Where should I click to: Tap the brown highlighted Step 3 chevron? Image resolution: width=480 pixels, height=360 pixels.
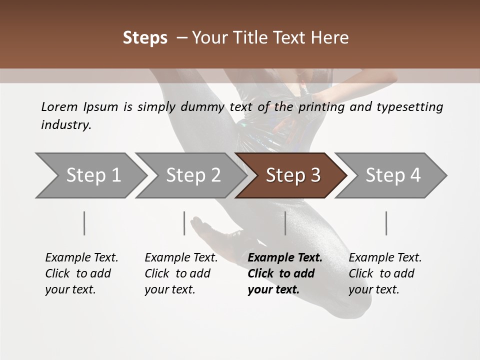(x=291, y=175)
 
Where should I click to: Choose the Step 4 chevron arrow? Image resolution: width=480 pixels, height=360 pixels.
(x=391, y=175)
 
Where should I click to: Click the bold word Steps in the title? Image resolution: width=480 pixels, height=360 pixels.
(x=145, y=37)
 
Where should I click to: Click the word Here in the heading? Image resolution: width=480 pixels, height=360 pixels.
(x=330, y=37)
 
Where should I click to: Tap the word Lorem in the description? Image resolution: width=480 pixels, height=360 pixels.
(x=59, y=106)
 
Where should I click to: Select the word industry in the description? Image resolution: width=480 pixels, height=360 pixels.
(x=66, y=125)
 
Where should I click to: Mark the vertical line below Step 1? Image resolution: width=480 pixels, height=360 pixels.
(x=84, y=223)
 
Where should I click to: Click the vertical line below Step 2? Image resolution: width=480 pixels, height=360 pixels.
(x=184, y=223)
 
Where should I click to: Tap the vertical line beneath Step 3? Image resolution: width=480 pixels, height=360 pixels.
(x=285, y=223)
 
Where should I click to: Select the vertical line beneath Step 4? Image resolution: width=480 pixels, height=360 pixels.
(x=386, y=223)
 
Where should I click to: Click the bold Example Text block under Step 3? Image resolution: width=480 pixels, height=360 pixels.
(x=285, y=273)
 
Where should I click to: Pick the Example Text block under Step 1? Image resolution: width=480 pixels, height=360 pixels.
(x=81, y=273)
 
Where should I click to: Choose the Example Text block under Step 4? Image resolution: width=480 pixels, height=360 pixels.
(x=385, y=273)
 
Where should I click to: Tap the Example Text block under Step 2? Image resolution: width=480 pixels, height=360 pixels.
(x=181, y=273)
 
